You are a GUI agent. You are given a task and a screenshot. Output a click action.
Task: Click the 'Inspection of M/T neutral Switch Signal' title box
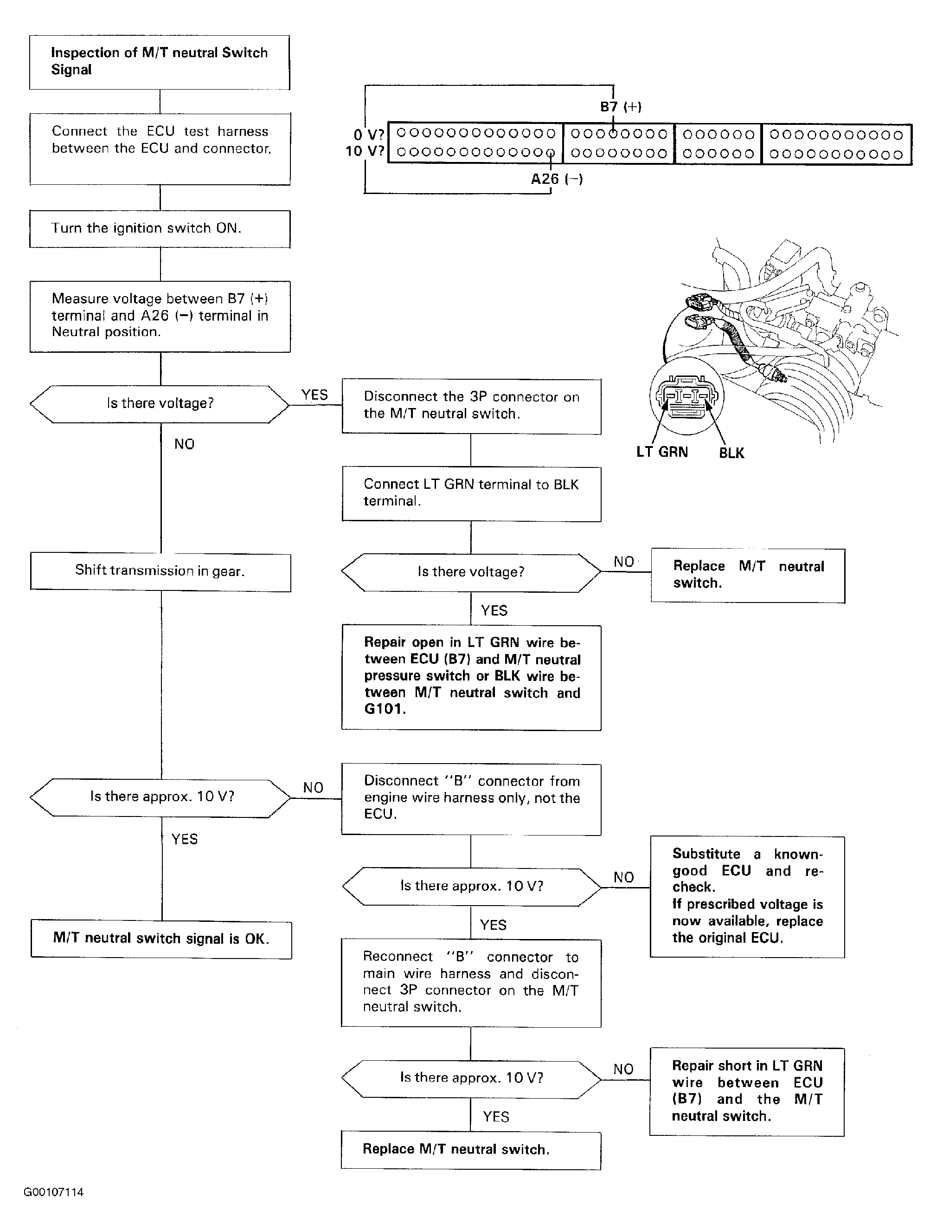[160, 62]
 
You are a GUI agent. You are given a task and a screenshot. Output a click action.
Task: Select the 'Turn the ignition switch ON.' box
[160, 229]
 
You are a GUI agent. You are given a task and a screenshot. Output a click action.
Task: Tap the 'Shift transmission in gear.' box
[160, 571]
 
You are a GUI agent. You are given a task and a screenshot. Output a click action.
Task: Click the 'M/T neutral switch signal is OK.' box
[161, 939]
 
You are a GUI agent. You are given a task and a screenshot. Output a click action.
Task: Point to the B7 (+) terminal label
[620, 107]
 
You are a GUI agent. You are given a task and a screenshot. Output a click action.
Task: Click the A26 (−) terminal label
[556, 179]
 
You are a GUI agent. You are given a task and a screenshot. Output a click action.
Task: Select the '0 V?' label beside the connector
[369, 135]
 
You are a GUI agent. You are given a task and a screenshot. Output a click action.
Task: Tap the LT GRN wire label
[662, 452]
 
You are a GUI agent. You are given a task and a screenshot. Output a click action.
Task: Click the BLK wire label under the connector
[731, 453]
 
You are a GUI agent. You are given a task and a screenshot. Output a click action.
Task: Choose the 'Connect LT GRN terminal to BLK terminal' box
[471, 493]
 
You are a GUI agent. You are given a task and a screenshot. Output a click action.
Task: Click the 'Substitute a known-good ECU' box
[747, 896]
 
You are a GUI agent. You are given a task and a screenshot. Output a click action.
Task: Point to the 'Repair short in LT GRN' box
[746, 1091]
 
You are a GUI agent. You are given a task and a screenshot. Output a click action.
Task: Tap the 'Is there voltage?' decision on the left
[160, 404]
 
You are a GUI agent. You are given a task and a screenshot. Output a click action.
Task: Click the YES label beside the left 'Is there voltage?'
[314, 395]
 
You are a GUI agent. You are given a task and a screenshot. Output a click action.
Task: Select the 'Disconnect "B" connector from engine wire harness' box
[471, 798]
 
